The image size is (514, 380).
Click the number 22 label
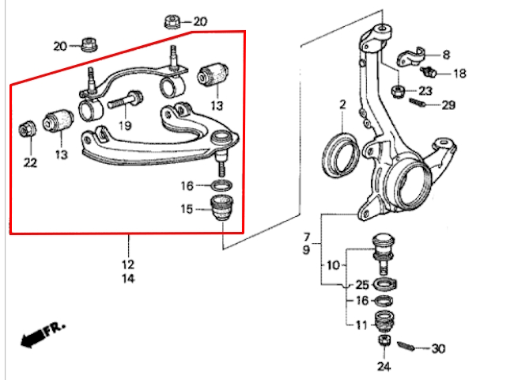(x=30, y=162)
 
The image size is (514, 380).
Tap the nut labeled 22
(x=28, y=129)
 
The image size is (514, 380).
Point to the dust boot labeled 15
(x=222, y=207)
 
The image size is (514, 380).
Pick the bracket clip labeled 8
(x=411, y=57)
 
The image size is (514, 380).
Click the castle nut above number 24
(x=384, y=340)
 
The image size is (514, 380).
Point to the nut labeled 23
(x=398, y=91)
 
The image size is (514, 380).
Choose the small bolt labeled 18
(x=428, y=71)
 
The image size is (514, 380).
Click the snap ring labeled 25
(x=385, y=284)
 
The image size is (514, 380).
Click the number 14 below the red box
(x=128, y=279)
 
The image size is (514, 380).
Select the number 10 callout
(x=333, y=265)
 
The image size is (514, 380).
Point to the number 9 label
(x=306, y=249)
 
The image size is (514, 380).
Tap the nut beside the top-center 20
(x=172, y=22)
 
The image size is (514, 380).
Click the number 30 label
(x=438, y=348)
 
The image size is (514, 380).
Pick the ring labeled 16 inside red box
(x=221, y=185)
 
